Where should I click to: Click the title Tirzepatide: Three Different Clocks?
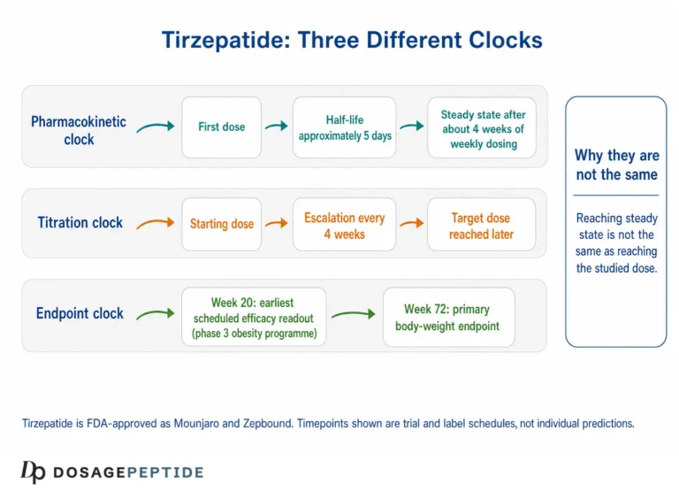click(352, 40)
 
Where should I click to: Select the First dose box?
click(221, 127)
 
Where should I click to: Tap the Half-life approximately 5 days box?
click(344, 127)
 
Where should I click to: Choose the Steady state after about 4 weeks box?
click(482, 127)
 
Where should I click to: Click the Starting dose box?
click(221, 224)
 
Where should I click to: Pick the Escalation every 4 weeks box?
click(344, 224)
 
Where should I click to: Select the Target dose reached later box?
click(481, 224)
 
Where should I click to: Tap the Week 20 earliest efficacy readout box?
click(254, 317)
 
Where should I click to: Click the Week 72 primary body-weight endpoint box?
click(448, 317)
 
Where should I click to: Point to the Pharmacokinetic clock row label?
click(79, 130)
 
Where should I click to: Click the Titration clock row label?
click(80, 222)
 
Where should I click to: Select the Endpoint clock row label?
click(80, 313)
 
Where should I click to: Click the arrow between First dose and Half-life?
click(277, 127)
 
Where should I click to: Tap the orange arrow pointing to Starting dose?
click(156, 223)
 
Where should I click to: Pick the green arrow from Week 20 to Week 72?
click(354, 314)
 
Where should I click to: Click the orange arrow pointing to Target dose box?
click(411, 223)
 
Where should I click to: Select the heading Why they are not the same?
click(617, 165)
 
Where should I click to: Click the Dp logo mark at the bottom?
click(33, 472)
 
